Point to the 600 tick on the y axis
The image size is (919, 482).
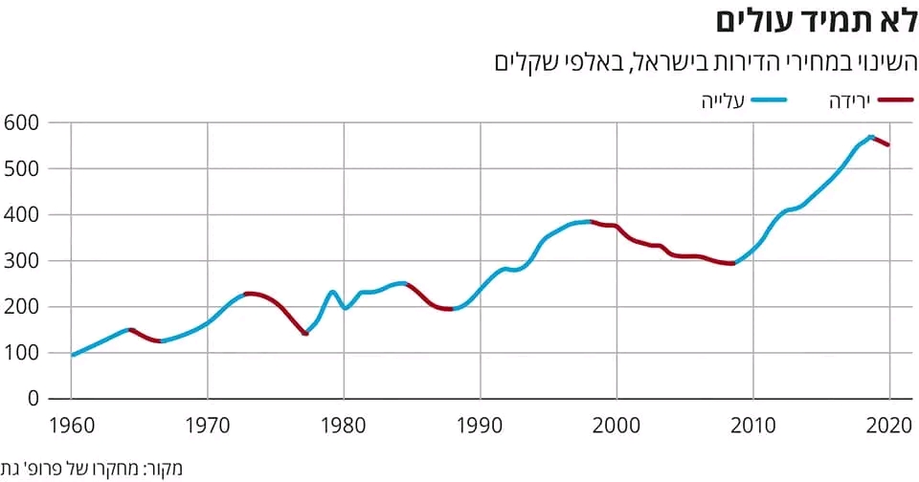[20, 122]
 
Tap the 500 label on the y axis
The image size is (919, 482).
[20, 168]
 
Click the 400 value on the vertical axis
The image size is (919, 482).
[20, 214]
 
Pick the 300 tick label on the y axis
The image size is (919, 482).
[20, 260]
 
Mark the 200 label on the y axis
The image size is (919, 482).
[20, 307]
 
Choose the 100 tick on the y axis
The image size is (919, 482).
[20, 353]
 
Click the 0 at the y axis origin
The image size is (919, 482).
[32, 399]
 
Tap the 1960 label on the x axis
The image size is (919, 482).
[71, 424]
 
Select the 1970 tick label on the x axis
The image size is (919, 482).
[208, 424]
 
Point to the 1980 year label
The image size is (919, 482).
[344, 424]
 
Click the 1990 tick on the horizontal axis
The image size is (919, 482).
[481, 424]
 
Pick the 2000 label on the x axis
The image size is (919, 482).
[616, 424]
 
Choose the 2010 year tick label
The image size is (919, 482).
[753, 424]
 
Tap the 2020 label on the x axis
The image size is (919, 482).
[889, 424]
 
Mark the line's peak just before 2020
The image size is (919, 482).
[870, 137]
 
